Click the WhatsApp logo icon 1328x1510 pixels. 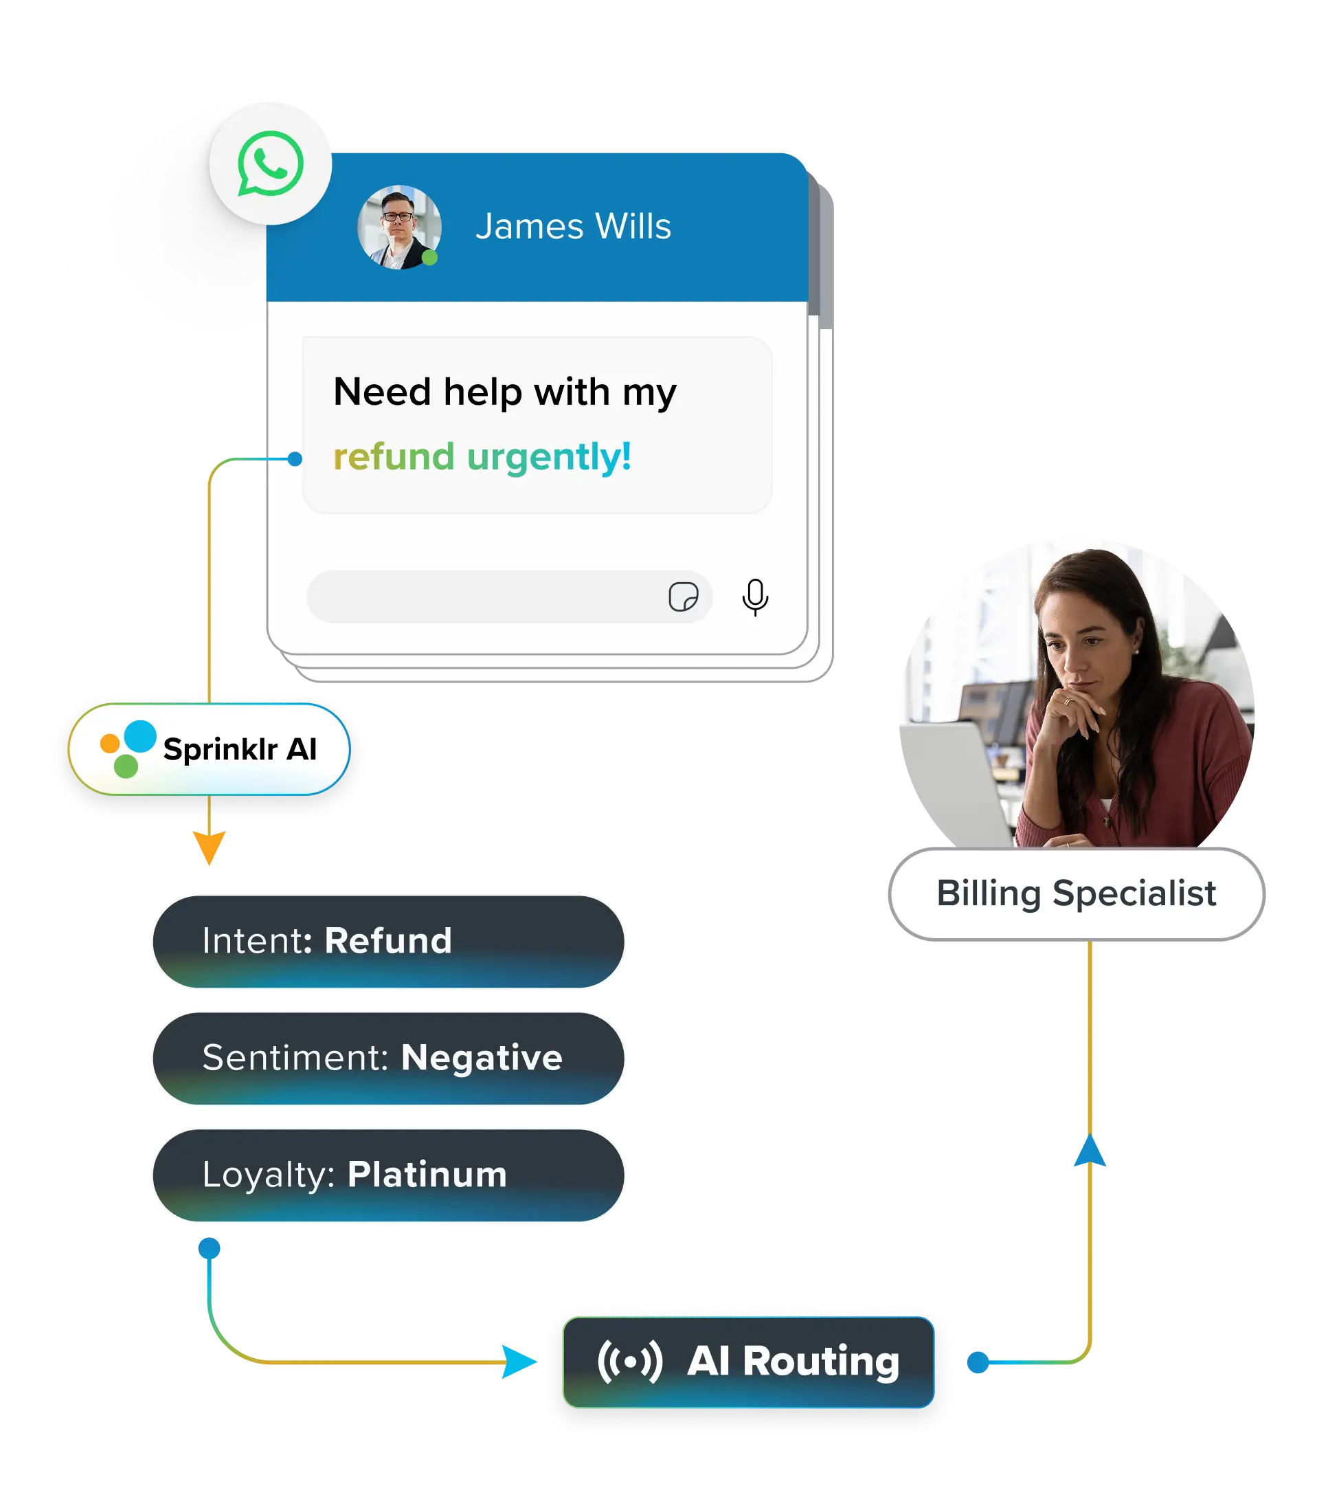pos(270,164)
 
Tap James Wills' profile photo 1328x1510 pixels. pos(399,227)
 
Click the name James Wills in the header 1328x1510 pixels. pos(573,226)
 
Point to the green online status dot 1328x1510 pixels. pos(430,258)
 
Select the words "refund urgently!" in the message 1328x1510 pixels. pos(482,456)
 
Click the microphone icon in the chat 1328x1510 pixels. pos(755,597)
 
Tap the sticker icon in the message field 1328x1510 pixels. pos(683,596)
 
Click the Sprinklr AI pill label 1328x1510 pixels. pos(209,749)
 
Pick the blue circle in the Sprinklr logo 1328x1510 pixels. pos(139,736)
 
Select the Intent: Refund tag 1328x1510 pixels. pos(387,941)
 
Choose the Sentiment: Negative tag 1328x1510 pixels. pos(387,1058)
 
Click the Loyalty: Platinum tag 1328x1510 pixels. pos(387,1175)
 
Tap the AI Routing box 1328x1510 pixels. pos(748,1362)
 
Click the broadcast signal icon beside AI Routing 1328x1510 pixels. pos(630,1362)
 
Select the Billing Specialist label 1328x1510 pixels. pos(1076,894)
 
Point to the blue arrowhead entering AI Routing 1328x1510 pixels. pos(519,1361)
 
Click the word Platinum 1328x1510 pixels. pos(427,1175)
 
